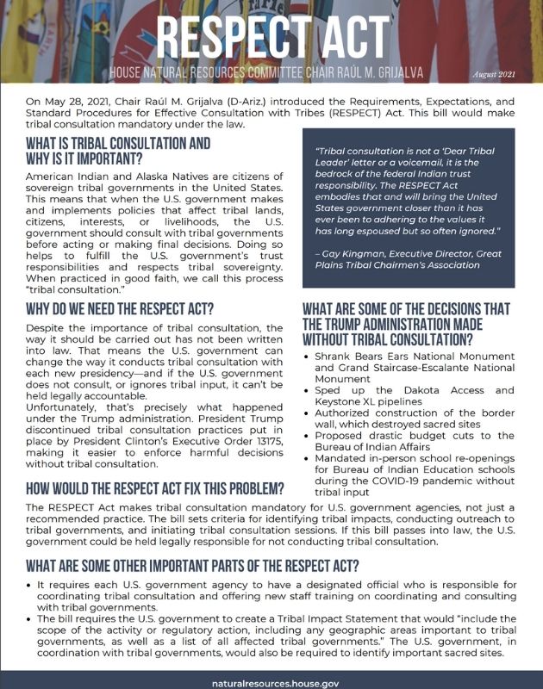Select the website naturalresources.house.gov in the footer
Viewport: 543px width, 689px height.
pyautogui.click(x=271, y=680)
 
